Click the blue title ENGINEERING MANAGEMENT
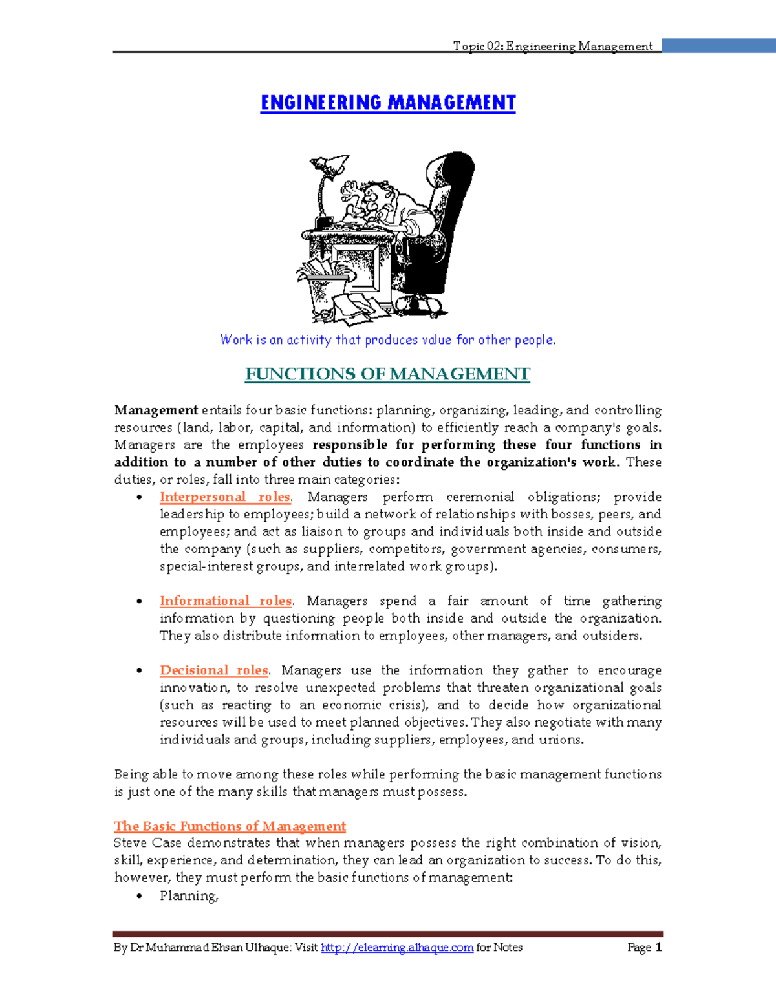point(388,103)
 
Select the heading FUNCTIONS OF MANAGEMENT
point(387,374)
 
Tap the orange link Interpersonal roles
point(225,497)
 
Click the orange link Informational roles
point(226,601)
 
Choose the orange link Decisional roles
point(214,670)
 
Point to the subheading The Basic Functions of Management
point(230,826)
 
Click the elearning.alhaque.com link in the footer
point(397,948)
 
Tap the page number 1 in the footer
point(658,948)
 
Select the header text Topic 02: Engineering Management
point(553,46)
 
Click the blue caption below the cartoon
point(388,340)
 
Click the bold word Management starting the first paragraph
point(156,411)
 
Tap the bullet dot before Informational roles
point(140,601)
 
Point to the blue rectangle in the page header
point(718,45)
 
